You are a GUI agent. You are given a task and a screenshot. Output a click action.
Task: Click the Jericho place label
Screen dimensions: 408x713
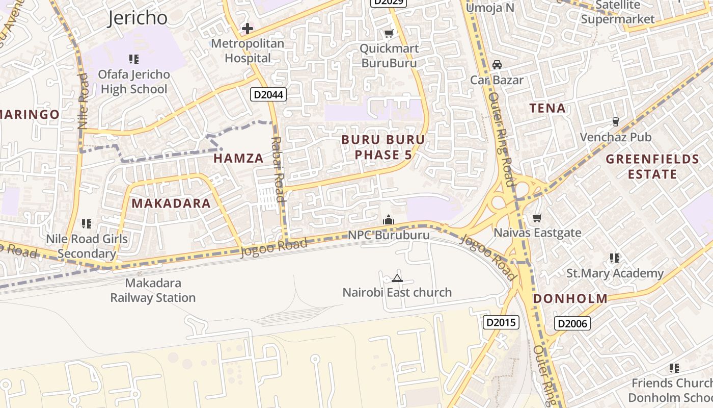click(138, 18)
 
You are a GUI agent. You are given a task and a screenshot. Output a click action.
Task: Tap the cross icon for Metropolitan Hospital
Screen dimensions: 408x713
click(248, 29)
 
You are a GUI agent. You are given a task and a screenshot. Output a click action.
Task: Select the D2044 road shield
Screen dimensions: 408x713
click(268, 94)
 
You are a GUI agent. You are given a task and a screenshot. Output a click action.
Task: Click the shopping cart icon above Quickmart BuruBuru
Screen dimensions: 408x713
click(389, 34)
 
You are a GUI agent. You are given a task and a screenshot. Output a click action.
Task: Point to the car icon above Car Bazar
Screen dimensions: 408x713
click(497, 65)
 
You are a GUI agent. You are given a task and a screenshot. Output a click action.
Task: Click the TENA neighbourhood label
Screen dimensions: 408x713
click(547, 108)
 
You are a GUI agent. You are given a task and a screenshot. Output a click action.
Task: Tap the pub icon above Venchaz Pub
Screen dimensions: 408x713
click(616, 122)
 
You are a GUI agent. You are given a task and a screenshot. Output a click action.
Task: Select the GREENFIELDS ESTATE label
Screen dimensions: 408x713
click(652, 167)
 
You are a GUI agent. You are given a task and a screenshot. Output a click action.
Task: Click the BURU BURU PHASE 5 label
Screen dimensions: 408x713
click(383, 147)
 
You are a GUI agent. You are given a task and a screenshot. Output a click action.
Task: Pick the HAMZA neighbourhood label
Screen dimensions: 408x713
click(238, 158)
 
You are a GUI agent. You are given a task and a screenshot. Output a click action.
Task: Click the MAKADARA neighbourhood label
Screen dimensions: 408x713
click(171, 203)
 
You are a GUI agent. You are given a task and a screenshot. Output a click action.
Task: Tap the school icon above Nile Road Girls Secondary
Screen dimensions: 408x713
click(87, 224)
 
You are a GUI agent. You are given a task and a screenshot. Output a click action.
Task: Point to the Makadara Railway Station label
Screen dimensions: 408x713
click(153, 290)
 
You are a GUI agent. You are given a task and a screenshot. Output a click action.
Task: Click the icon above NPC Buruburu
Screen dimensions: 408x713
click(389, 220)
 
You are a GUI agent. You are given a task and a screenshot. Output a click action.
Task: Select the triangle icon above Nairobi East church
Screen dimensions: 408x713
click(397, 278)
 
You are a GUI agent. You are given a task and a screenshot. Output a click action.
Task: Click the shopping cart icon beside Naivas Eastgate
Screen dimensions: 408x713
click(537, 218)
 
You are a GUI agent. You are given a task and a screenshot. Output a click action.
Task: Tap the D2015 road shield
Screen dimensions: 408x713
click(501, 322)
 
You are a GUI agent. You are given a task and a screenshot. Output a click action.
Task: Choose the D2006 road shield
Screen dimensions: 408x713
click(572, 323)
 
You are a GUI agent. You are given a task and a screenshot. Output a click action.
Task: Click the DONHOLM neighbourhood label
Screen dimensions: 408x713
click(570, 299)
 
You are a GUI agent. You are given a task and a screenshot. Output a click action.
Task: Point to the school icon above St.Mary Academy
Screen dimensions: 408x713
click(615, 258)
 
